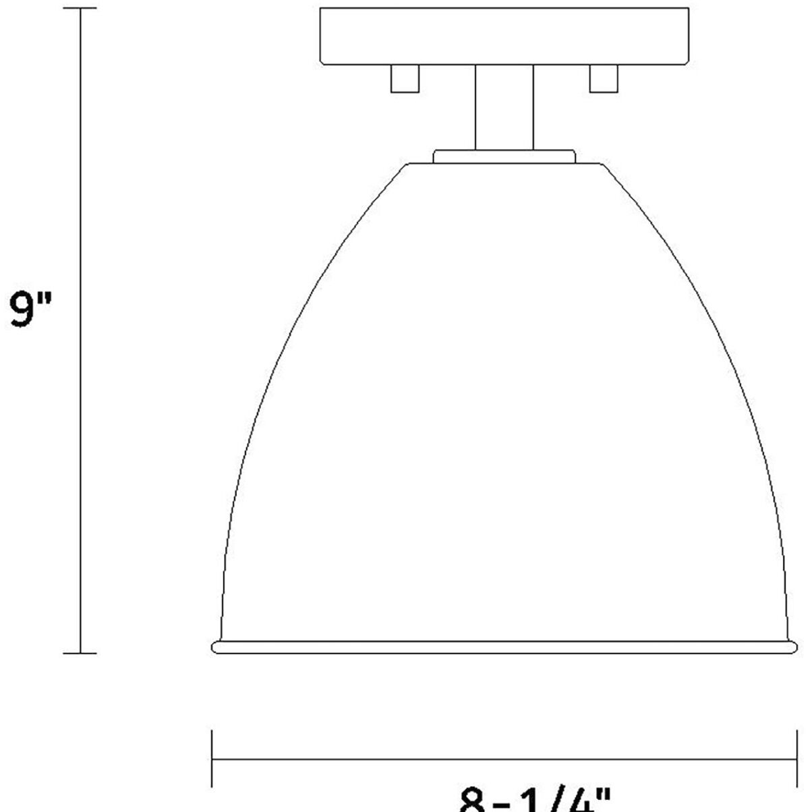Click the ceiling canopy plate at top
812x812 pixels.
504,36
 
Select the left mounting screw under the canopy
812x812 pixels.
405,78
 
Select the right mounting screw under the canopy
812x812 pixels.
604,78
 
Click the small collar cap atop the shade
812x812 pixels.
504,156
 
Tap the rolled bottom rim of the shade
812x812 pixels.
504,647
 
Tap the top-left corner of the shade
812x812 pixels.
407,163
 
